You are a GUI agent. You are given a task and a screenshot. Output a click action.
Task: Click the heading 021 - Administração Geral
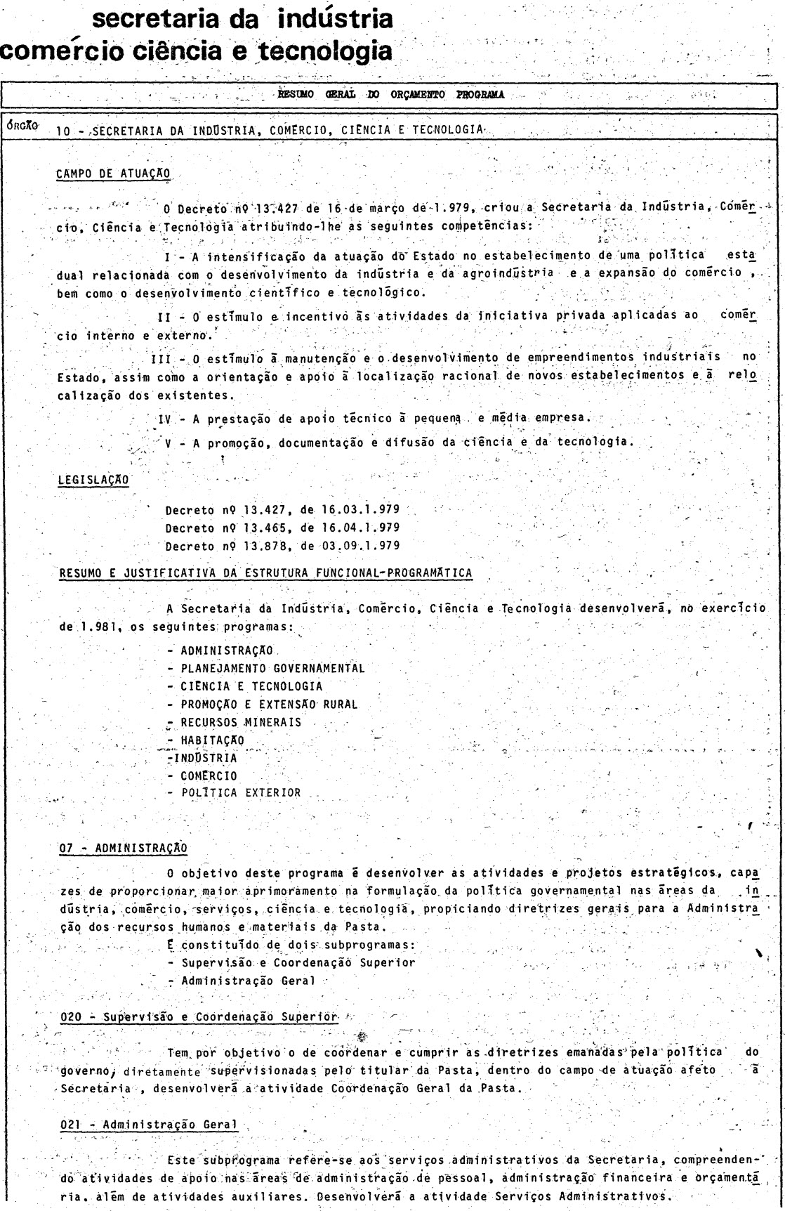[148, 1124]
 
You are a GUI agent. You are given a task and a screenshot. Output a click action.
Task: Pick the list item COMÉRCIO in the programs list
[209, 775]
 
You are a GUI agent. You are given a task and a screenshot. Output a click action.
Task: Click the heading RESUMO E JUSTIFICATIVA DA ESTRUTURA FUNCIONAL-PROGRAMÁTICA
[266, 573]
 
